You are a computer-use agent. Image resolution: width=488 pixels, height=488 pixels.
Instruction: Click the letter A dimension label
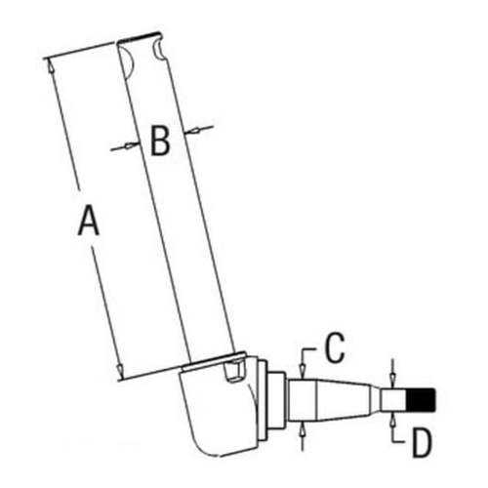click(x=89, y=224)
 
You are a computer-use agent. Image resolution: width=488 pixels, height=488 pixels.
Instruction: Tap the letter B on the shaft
click(x=160, y=142)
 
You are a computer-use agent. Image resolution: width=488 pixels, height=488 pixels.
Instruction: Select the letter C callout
click(x=333, y=346)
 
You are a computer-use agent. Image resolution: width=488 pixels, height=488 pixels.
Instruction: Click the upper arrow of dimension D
click(x=391, y=379)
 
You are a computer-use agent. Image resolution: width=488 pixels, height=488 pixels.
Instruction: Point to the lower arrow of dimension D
click(x=391, y=418)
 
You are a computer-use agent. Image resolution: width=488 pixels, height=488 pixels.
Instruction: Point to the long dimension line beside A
click(x=83, y=215)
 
